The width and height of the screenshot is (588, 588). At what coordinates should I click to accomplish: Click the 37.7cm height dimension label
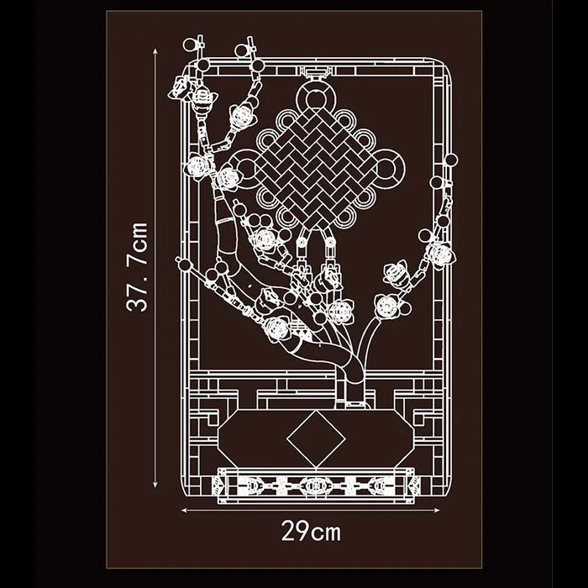137,267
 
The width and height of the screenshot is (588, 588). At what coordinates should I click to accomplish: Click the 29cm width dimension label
312,531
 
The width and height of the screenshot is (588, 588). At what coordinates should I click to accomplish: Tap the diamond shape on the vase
316,438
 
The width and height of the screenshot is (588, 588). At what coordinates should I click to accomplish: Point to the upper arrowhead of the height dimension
155,51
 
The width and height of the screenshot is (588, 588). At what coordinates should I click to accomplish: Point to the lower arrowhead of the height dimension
155,484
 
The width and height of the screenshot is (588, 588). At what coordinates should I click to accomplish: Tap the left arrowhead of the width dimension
185,510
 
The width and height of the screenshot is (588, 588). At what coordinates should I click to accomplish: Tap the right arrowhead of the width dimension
436,510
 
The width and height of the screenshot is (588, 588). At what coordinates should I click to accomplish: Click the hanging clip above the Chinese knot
317,72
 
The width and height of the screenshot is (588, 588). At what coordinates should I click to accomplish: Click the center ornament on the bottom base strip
316,486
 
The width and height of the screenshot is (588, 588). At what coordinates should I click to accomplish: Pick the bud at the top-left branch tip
190,45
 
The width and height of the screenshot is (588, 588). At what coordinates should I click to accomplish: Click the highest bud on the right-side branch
452,160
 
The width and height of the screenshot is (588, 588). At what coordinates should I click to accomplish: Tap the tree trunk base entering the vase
354,394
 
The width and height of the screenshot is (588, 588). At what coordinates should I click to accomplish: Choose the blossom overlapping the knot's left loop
228,178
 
